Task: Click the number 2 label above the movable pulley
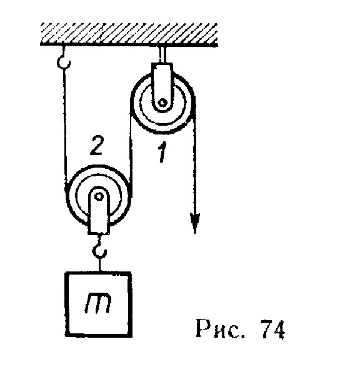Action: tap(97, 146)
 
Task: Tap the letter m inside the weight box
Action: tap(98, 303)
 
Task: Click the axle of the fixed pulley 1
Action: tap(162, 103)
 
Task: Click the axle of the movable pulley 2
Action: tap(98, 196)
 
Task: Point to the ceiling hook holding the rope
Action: tap(64, 59)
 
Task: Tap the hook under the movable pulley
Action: tap(99, 247)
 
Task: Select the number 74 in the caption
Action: tap(272, 329)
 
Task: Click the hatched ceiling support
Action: tap(129, 34)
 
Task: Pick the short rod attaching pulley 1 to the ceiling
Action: tap(162, 54)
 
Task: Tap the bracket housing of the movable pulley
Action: tap(99, 211)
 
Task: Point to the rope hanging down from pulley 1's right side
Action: tap(194, 164)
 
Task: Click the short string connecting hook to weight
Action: tap(99, 265)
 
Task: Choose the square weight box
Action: tap(99, 305)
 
